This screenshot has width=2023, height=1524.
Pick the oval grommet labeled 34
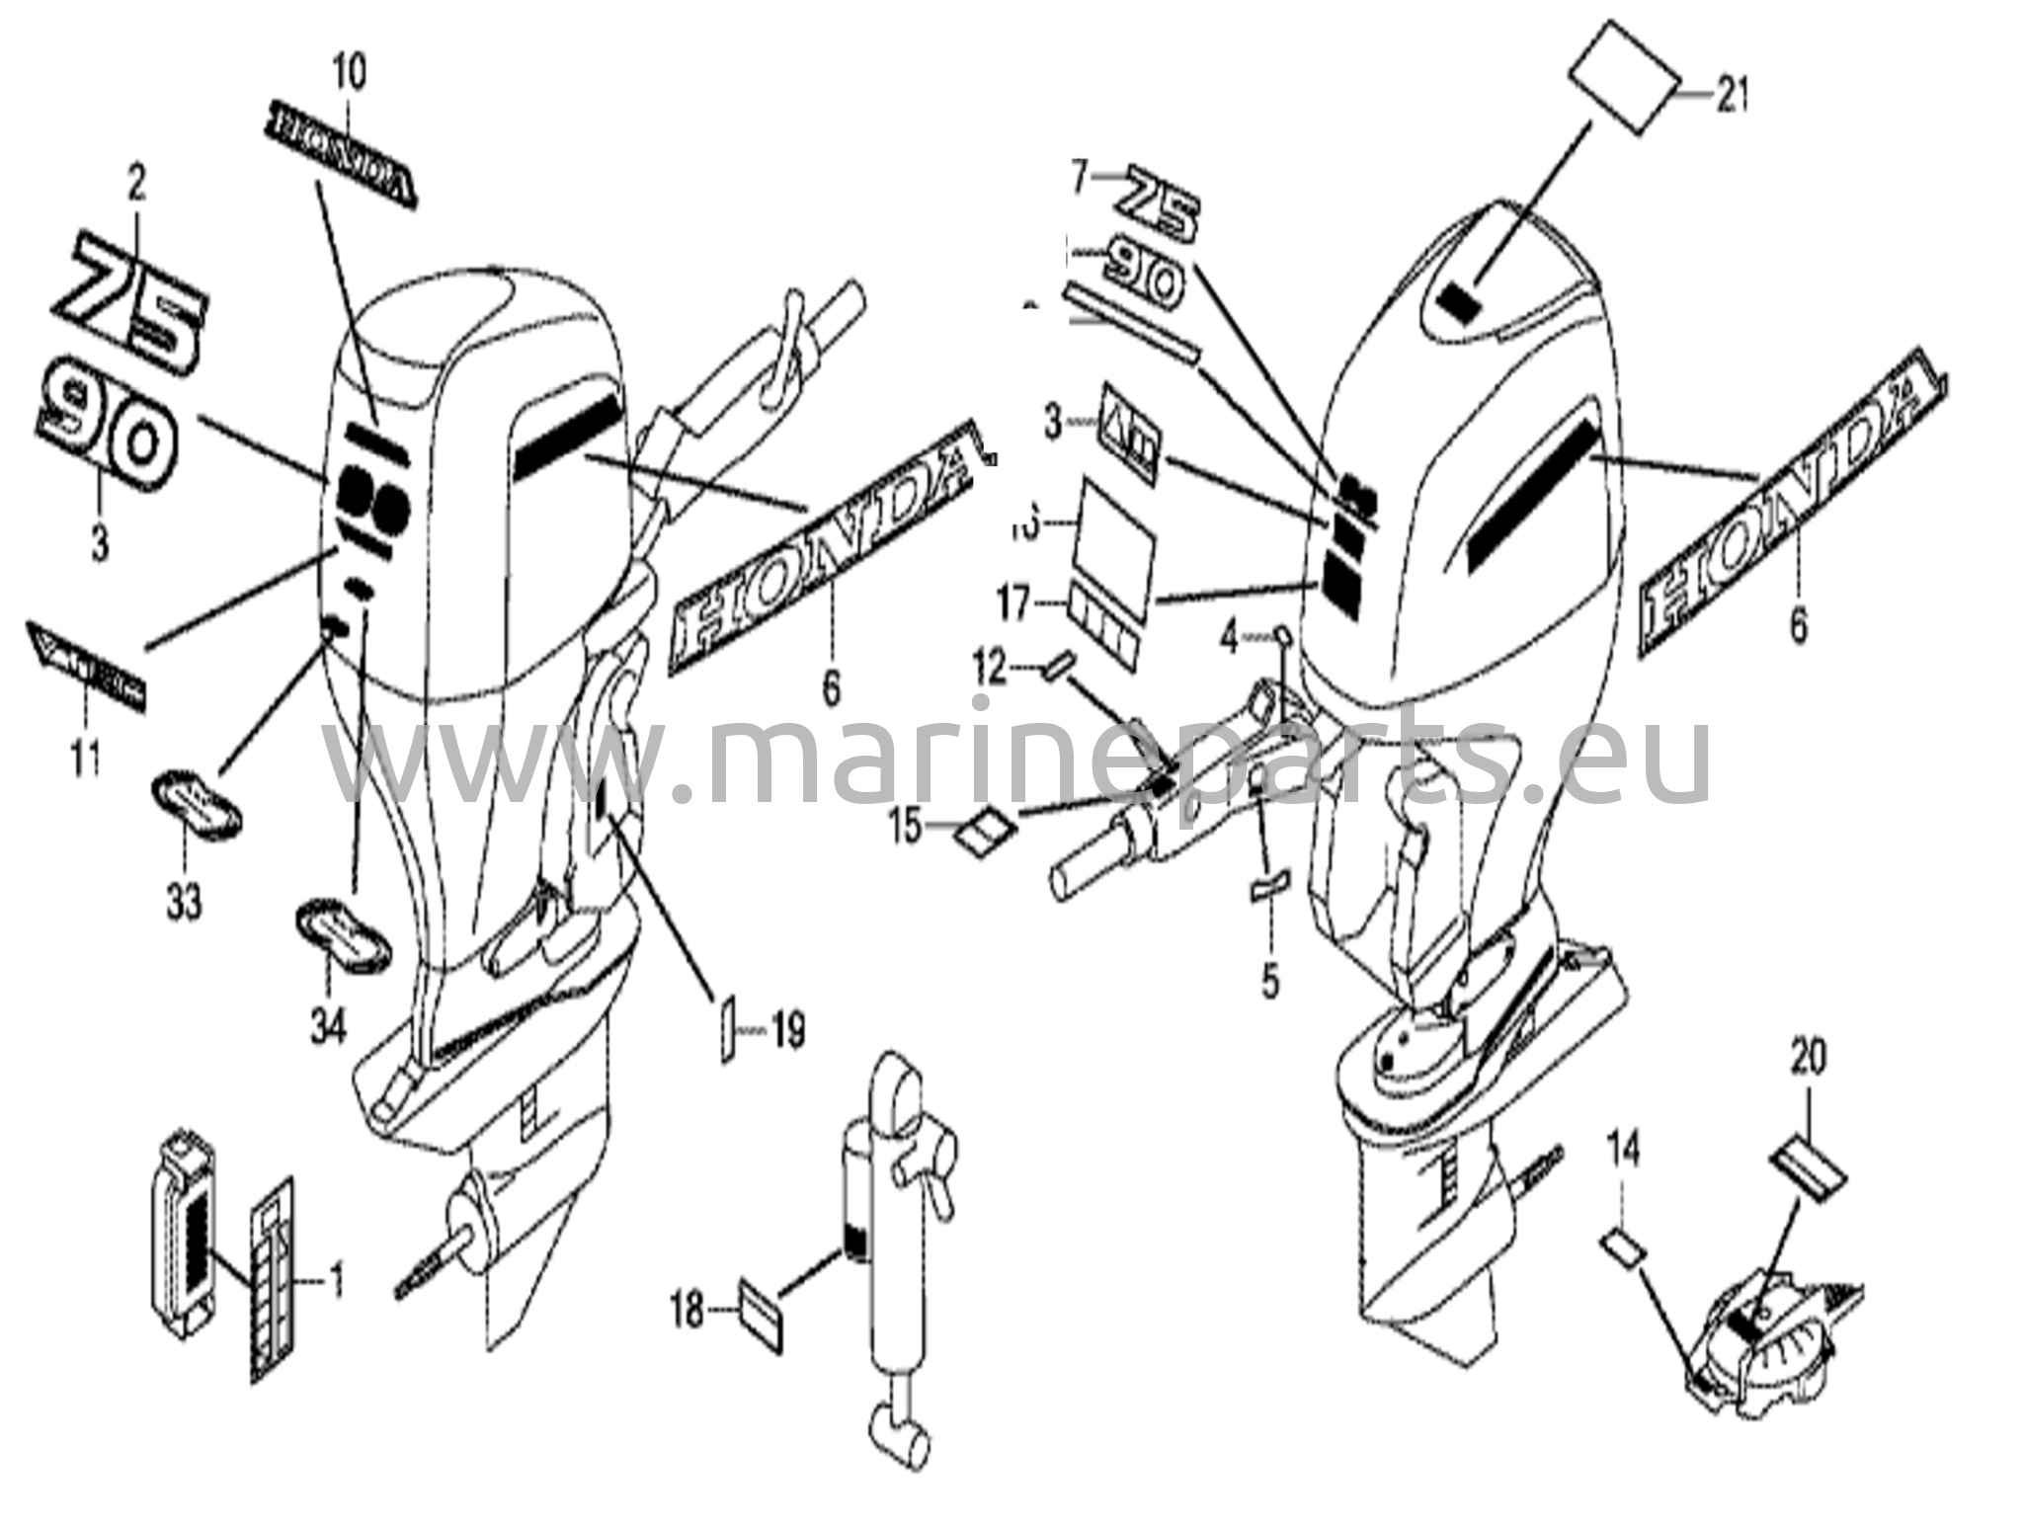344,932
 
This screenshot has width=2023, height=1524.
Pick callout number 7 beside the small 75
1079,179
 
